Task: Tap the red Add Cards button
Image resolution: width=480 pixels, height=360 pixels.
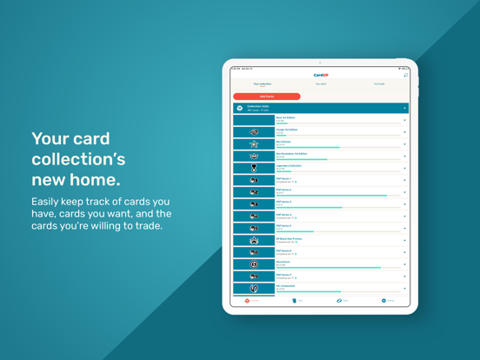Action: pyautogui.click(x=266, y=97)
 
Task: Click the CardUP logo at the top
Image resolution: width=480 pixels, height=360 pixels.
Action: pyautogui.click(x=321, y=76)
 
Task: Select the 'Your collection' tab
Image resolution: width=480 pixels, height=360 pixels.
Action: pyautogui.click(x=262, y=84)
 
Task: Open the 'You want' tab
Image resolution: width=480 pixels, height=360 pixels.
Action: pyautogui.click(x=321, y=84)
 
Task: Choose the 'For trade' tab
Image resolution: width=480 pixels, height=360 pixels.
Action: pyautogui.click(x=379, y=84)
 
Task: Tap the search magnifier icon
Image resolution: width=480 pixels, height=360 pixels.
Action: pyautogui.click(x=405, y=76)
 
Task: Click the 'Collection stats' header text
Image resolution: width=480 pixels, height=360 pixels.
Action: pyautogui.click(x=258, y=107)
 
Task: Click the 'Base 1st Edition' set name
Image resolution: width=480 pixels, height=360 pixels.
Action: pyautogui.click(x=286, y=117)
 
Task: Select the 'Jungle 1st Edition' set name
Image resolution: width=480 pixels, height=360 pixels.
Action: pyautogui.click(x=287, y=130)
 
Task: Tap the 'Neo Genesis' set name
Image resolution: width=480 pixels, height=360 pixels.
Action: pyautogui.click(x=283, y=142)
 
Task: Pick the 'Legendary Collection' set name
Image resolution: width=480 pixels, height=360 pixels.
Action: pyautogui.click(x=289, y=165)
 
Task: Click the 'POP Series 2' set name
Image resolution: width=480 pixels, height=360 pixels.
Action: pyautogui.click(x=284, y=190)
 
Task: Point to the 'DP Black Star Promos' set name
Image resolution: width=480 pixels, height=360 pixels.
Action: pyautogui.click(x=290, y=237)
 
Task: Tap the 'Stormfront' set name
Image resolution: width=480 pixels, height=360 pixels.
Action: pyautogui.click(x=283, y=262)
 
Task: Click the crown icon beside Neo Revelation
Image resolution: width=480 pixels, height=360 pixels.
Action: pyautogui.click(x=254, y=157)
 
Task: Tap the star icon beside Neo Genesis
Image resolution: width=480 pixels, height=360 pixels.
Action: pyautogui.click(x=254, y=144)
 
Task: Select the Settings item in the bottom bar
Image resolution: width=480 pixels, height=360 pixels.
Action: pyautogui.click(x=387, y=301)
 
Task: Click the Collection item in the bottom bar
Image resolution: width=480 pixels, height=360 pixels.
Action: pyautogui.click(x=252, y=301)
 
